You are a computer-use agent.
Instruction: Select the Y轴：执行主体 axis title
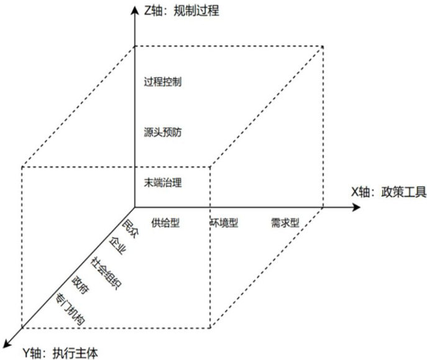pos(61,351)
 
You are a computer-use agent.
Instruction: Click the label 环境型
pos(224,223)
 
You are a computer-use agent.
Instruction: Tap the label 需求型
pos(285,223)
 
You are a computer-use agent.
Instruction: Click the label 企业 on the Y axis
pos(116,246)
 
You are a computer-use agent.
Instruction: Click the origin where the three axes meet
pos(134,206)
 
